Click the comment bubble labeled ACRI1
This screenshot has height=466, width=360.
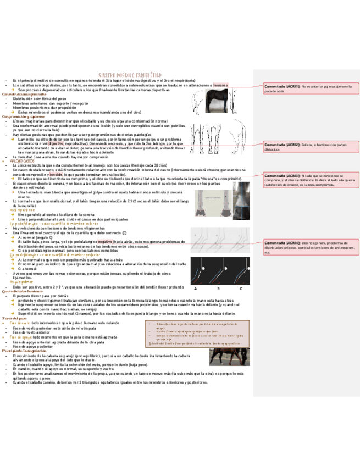[310, 89]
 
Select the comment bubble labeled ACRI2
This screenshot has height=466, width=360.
[310, 147]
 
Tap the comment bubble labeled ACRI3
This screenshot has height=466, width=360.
[310, 182]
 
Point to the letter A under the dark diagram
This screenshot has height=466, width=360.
[196, 289]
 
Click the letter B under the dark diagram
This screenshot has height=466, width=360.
[218, 289]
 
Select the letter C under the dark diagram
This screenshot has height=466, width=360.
[241, 289]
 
